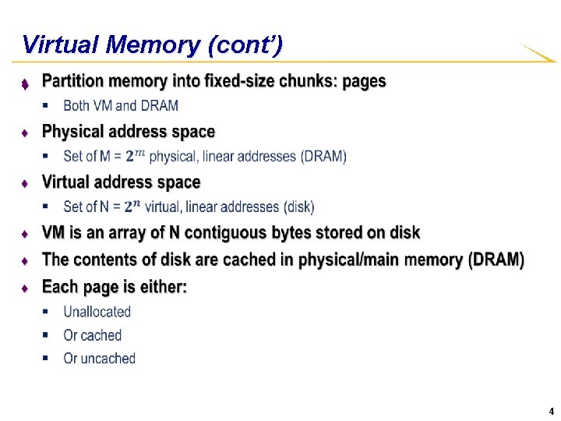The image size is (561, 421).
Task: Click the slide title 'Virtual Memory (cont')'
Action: click(x=152, y=44)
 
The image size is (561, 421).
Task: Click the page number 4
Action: click(x=551, y=411)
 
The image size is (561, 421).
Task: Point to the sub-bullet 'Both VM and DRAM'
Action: click(x=121, y=105)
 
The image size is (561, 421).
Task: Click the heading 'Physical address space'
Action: click(x=129, y=131)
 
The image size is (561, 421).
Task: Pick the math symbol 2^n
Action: click(x=133, y=207)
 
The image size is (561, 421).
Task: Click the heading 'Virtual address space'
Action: click(x=121, y=182)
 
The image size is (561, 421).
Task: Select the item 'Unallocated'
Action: click(x=97, y=312)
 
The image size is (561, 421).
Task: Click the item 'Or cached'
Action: click(x=92, y=335)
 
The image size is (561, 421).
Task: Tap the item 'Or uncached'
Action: click(x=99, y=359)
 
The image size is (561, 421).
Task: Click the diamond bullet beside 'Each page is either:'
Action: click(x=25, y=288)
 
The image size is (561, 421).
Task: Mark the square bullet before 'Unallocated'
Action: click(x=45, y=312)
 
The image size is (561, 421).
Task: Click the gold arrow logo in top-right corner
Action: click(x=538, y=53)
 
